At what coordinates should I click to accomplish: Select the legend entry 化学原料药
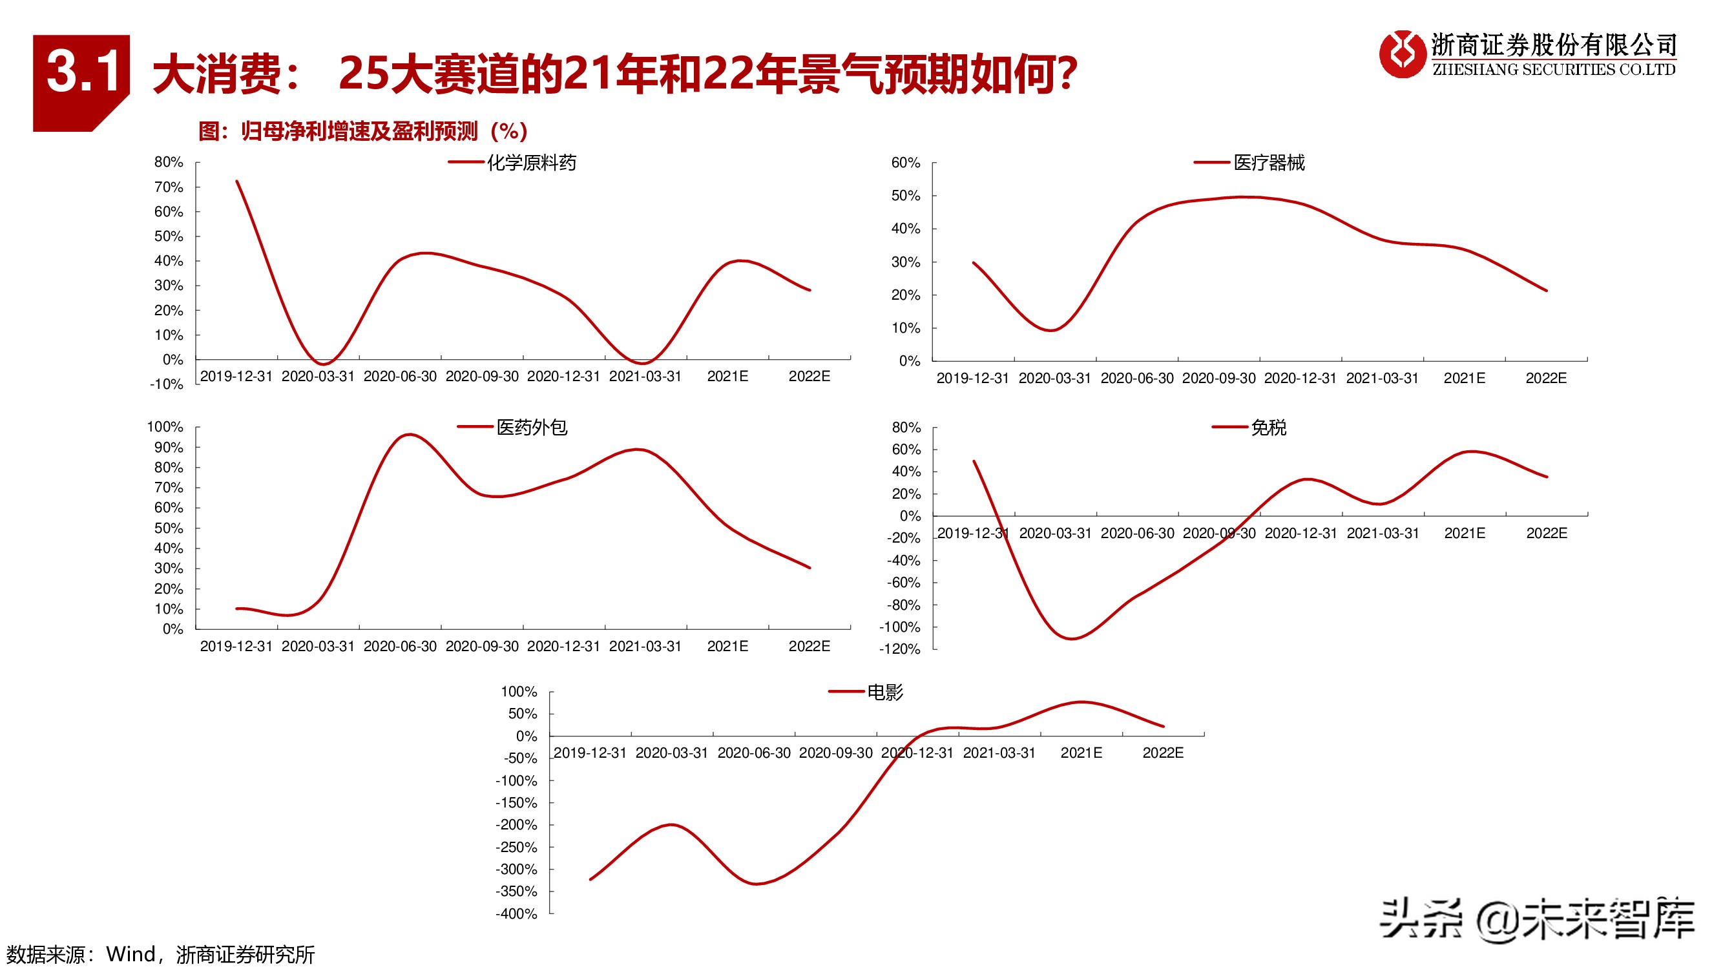[530, 163]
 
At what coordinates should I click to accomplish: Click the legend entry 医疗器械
[1268, 163]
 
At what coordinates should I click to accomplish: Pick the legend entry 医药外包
[531, 427]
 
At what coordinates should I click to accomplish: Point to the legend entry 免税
[1268, 427]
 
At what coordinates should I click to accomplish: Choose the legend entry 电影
[884, 692]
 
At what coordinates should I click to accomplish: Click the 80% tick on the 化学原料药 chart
[169, 162]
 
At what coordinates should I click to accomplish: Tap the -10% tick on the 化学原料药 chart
[167, 384]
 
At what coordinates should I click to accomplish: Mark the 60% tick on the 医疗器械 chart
[906, 163]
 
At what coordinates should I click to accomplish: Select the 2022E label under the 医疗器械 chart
[1546, 379]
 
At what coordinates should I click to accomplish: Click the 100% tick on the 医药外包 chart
[165, 426]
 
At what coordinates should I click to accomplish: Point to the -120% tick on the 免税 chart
[901, 649]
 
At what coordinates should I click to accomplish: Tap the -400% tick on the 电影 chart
[516, 914]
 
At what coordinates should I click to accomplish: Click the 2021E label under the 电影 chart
[1081, 753]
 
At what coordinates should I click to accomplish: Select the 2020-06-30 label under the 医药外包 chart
[400, 647]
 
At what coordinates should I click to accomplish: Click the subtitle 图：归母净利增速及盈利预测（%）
[363, 131]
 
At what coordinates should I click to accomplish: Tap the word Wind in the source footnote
[131, 954]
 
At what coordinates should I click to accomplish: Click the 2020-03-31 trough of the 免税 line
[1072, 639]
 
